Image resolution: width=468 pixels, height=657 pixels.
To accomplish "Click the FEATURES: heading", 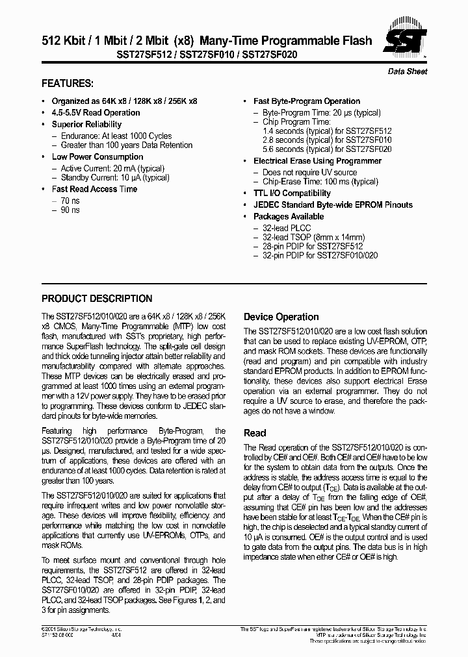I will click(x=68, y=84).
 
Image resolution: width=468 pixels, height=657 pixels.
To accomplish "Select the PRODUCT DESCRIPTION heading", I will click(x=97, y=299).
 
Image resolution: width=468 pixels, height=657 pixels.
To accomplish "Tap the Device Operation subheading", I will click(x=281, y=317).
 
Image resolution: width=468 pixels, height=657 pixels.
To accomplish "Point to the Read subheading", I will click(x=254, y=433).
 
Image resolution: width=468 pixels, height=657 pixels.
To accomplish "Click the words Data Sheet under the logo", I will click(x=408, y=71).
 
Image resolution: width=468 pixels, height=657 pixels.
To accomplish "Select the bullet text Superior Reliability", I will click(x=86, y=124).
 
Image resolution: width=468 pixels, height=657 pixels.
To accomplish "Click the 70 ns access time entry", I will click(x=71, y=201).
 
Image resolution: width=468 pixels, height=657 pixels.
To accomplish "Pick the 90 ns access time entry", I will click(x=71, y=210).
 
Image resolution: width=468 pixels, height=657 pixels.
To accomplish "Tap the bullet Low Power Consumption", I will click(x=97, y=156).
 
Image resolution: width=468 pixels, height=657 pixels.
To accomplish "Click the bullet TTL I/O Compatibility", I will click(x=292, y=193).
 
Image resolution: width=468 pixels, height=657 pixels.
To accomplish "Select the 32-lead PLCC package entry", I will click(x=287, y=228).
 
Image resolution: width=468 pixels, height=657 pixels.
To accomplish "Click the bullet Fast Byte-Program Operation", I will click(x=306, y=101).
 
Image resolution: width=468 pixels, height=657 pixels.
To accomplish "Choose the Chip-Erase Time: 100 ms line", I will click(x=320, y=182).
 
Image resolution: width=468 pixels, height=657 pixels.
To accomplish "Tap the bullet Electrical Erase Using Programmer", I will click(x=317, y=161).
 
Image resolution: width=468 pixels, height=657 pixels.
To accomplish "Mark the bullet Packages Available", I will click(x=288, y=216).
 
